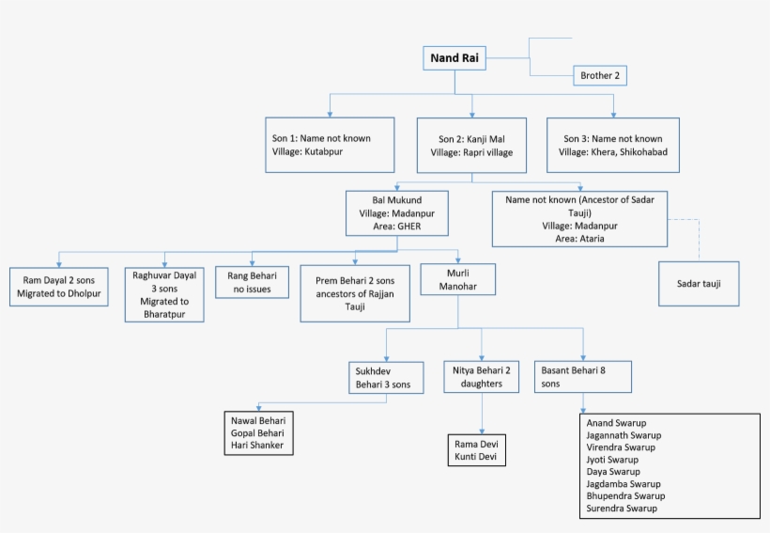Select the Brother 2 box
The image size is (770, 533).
pyautogui.click(x=600, y=76)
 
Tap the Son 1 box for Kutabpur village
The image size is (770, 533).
pyautogui.click(x=330, y=145)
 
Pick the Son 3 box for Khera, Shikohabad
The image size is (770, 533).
pyautogui.click(x=611, y=145)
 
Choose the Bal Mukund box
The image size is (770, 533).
pyautogui.click(x=396, y=212)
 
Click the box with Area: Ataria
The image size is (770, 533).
pyautogui.click(x=579, y=219)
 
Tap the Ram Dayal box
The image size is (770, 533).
pyautogui.click(x=58, y=288)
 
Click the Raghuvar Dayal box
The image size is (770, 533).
pyautogui.click(x=164, y=294)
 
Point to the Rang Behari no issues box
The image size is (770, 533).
pyautogui.click(x=251, y=283)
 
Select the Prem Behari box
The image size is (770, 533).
pyautogui.click(x=355, y=293)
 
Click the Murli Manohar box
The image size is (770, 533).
pyautogui.click(x=457, y=279)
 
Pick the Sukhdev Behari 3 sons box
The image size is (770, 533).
pyautogui.click(x=381, y=378)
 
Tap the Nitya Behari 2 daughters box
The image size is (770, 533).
pyautogui.click(x=482, y=377)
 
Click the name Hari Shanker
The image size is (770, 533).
pyautogui.click(x=257, y=445)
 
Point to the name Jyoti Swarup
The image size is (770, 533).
pyautogui.click(x=611, y=460)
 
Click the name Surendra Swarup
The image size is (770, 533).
pyautogui.click(x=622, y=509)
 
